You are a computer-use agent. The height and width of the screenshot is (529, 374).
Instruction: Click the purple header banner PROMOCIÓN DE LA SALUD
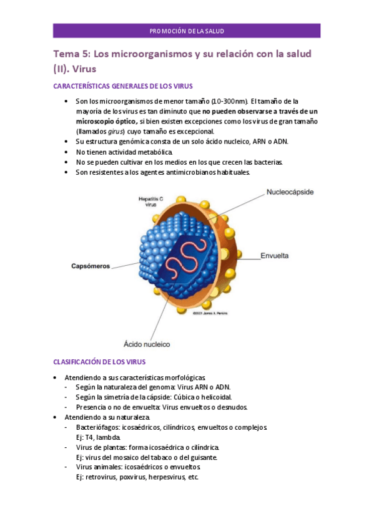[x=187, y=31]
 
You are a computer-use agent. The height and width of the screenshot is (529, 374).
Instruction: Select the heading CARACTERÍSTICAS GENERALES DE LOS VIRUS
[x=123, y=86]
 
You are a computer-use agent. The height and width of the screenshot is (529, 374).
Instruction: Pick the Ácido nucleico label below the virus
[x=147, y=344]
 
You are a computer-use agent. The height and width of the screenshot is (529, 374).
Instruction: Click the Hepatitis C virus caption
[x=150, y=201]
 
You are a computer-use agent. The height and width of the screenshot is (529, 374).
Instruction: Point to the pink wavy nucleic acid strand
[x=198, y=256]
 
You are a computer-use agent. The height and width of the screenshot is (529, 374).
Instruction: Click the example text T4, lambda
[x=94, y=437]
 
